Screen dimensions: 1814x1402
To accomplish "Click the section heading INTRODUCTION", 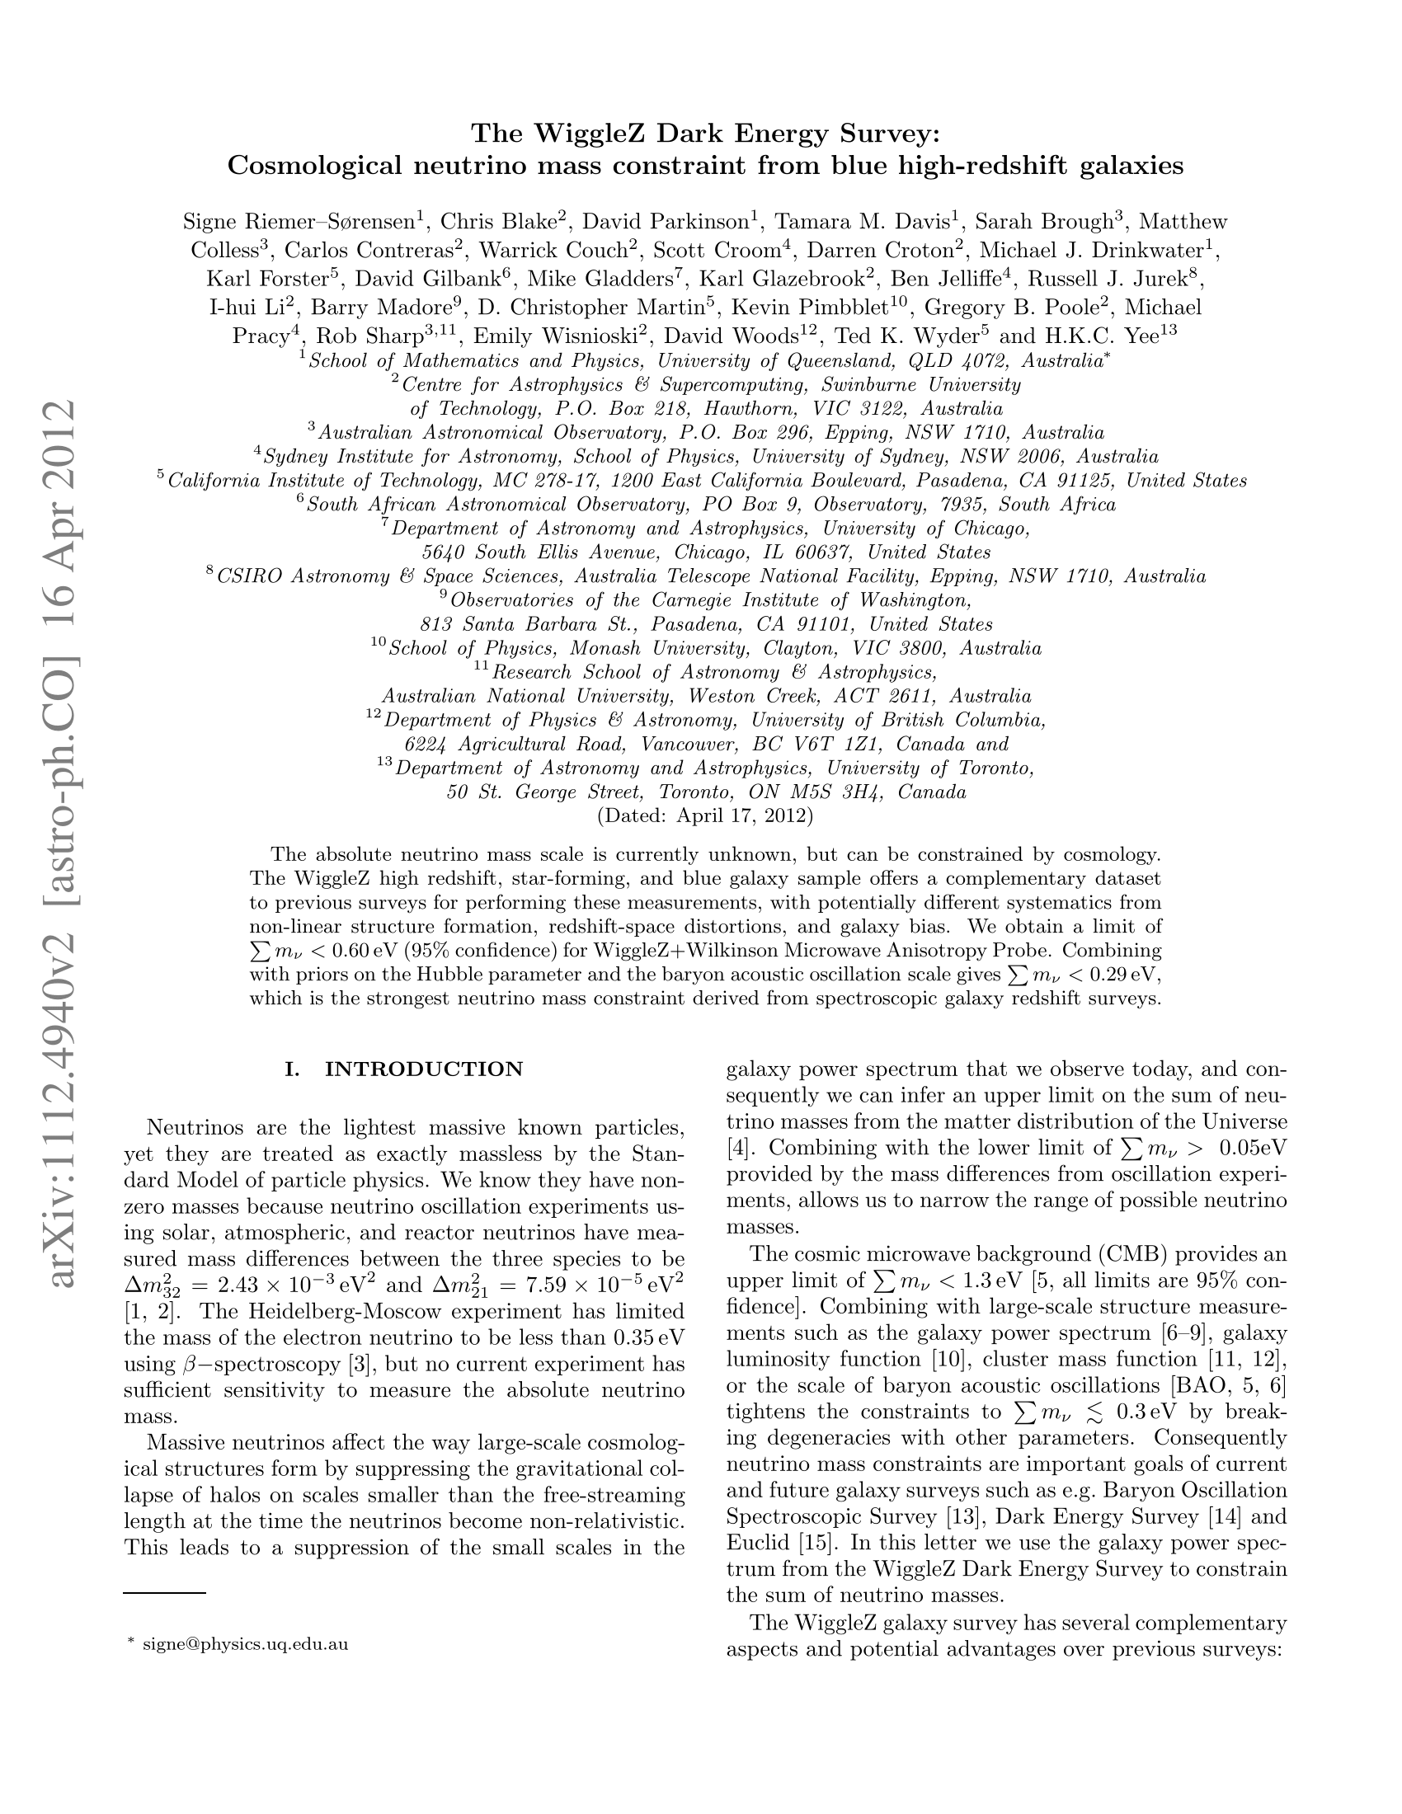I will point(424,1069).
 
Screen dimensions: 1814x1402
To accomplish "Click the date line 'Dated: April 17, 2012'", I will point(705,815).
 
